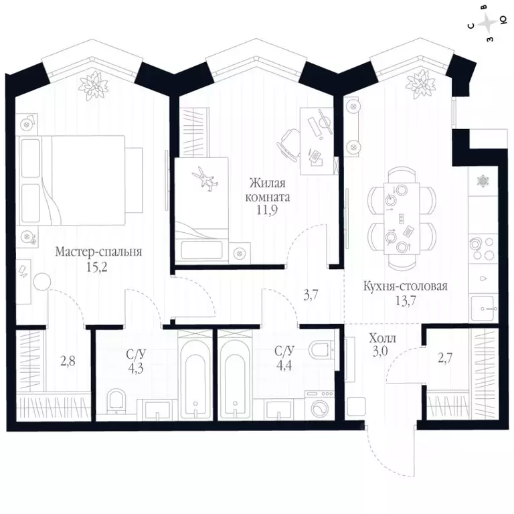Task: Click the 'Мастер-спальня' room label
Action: coord(98,252)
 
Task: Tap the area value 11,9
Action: coord(267,209)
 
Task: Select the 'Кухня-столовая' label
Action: coord(405,286)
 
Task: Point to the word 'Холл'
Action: coord(383,338)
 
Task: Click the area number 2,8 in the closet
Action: coord(68,361)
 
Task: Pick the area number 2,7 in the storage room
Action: coord(445,358)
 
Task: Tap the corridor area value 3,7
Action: coord(311,296)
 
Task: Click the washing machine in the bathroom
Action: coord(320,405)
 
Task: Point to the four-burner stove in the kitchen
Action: coord(482,249)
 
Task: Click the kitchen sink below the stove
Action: coord(482,308)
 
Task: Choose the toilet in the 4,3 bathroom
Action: coord(116,400)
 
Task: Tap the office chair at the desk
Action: coord(289,143)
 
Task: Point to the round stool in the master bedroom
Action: coord(42,281)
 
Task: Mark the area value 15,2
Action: coord(96,268)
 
